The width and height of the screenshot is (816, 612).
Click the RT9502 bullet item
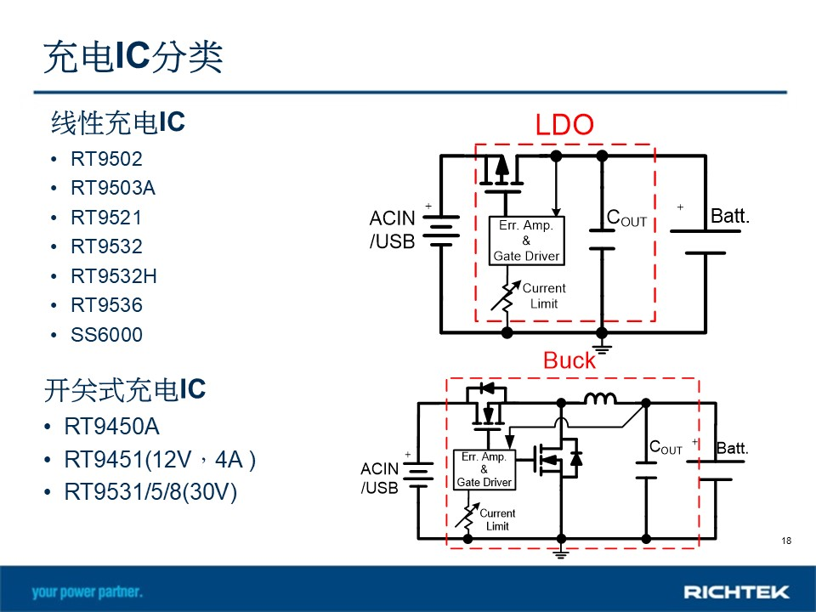tap(106, 159)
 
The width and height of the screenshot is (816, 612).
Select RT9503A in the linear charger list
tap(113, 188)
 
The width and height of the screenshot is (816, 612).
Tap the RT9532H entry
tap(113, 275)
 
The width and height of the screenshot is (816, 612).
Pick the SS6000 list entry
tap(106, 335)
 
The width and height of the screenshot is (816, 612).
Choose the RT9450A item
tap(111, 426)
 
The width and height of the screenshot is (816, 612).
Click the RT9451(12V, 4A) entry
tap(160, 460)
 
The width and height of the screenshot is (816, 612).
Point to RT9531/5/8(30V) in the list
tap(150, 492)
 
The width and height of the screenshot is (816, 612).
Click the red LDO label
tap(564, 125)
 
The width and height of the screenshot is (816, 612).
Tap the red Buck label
tap(569, 360)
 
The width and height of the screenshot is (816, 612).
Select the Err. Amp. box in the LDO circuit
tap(527, 241)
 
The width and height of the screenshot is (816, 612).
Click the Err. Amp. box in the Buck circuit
tap(484, 470)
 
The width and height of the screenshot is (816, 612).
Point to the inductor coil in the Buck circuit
tap(600, 399)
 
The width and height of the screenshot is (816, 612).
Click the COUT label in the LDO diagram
tap(626, 218)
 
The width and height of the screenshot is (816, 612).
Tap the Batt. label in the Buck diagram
tap(732, 448)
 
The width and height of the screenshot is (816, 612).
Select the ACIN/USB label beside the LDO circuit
tap(393, 229)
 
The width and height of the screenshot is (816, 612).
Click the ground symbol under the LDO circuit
tap(602, 347)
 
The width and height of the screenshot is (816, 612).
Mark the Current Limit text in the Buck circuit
tap(497, 519)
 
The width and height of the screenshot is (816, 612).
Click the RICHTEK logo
tap(736, 592)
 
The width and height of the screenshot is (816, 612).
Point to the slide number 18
tap(786, 541)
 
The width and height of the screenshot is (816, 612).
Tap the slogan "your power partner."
tap(87, 592)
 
